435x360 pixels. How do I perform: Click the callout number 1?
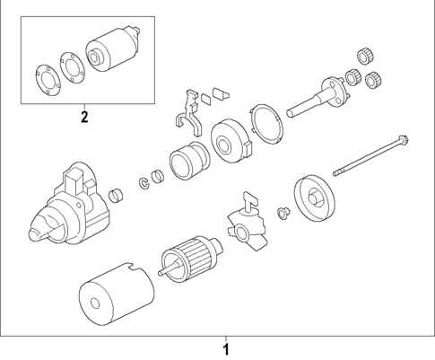[x=226, y=347]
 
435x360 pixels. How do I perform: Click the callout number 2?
[x=84, y=116]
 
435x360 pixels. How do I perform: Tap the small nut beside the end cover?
[x=283, y=214]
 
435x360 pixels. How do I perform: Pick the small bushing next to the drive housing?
[x=114, y=198]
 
